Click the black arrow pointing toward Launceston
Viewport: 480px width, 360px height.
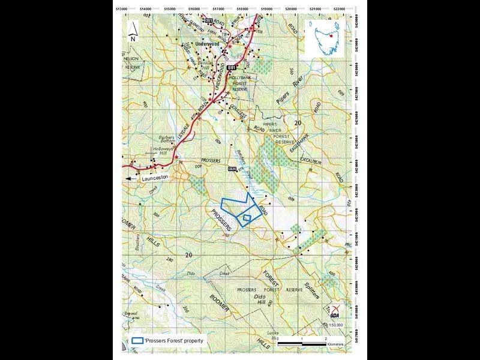[130, 178]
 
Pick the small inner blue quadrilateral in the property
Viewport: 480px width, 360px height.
[246, 218]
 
